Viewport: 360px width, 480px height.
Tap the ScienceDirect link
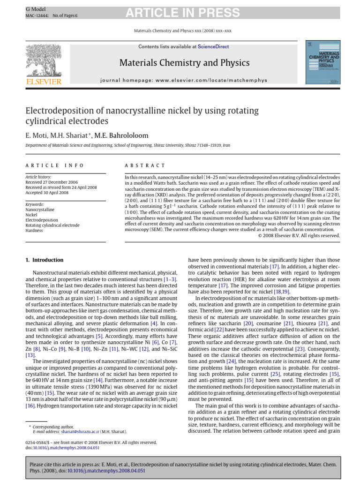pyautogui.click(x=213, y=47)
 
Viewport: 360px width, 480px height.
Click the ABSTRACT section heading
pyautogui.click(x=145, y=165)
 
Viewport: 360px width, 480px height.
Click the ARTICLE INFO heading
pyautogui.click(x=54, y=165)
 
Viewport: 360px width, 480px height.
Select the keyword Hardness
pyautogui.click(x=34, y=231)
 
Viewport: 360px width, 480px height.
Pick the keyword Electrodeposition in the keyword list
pyautogui.click(x=42, y=220)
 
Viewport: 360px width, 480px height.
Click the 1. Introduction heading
pyautogui.click(x=45, y=260)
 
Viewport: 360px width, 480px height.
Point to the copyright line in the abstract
pyautogui.click(x=299, y=236)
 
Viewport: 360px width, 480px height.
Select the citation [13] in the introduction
pyautogui.click(x=30, y=355)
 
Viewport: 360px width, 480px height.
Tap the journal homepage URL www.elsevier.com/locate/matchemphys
pyautogui.click(x=206, y=81)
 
